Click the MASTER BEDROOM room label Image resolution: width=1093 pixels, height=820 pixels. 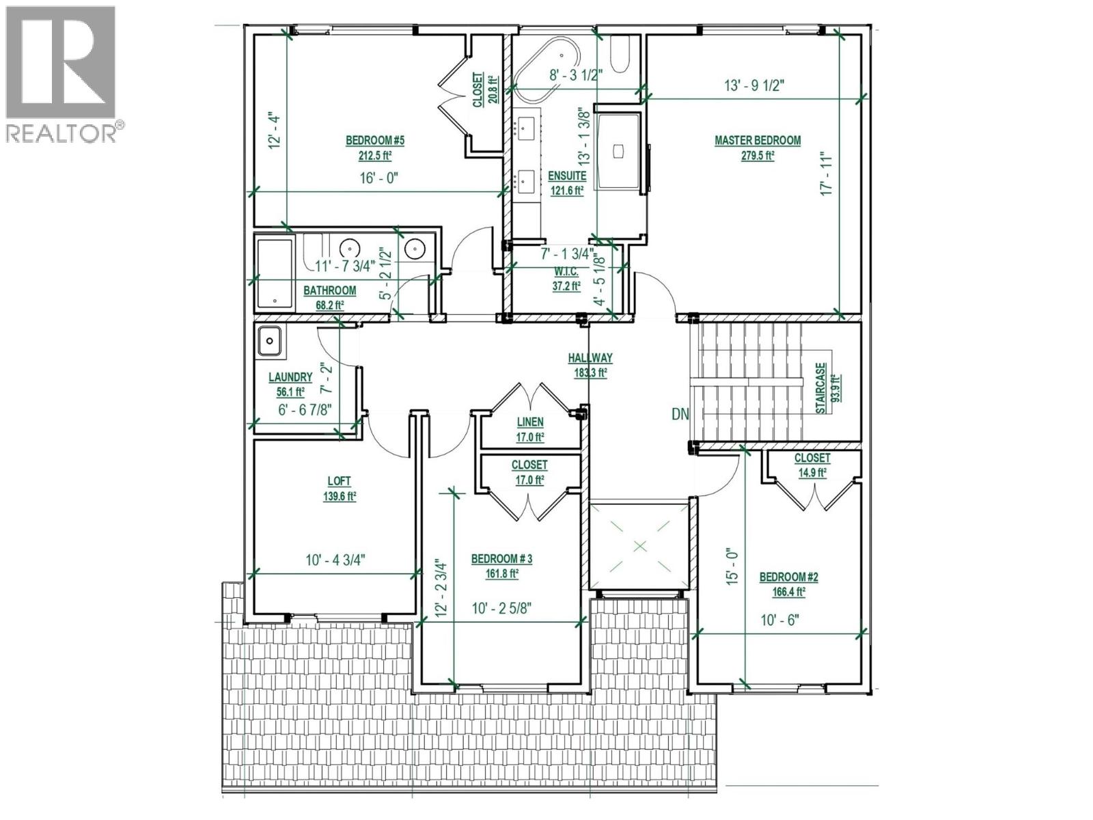(x=758, y=140)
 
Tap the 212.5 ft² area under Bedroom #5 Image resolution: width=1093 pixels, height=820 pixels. (x=375, y=155)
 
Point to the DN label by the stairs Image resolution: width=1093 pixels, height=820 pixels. (x=680, y=414)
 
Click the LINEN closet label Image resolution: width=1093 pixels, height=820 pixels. (x=529, y=422)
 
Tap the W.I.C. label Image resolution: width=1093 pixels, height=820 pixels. (x=566, y=273)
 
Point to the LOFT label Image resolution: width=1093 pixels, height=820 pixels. (x=340, y=481)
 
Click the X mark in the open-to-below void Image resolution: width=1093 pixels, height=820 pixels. (x=639, y=545)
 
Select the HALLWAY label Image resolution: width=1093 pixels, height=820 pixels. (x=590, y=357)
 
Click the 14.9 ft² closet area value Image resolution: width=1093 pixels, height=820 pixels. (x=812, y=471)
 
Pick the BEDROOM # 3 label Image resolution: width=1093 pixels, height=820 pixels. (x=501, y=559)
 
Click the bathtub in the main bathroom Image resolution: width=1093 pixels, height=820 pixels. (x=275, y=271)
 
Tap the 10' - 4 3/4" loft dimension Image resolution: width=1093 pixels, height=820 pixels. (x=335, y=560)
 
